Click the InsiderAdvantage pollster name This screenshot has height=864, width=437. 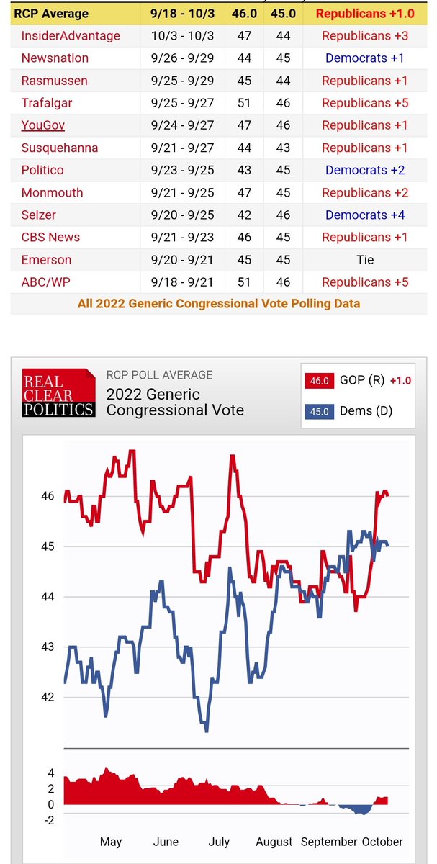coord(71,35)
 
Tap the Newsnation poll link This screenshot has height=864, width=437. coord(55,58)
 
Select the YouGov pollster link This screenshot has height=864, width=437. coord(43,125)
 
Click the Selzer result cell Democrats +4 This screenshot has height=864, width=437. coord(365,215)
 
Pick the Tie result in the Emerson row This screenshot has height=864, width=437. coord(365,259)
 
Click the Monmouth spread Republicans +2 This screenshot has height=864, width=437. coord(365,192)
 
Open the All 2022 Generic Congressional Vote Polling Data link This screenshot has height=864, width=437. coord(219,303)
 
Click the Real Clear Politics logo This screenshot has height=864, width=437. coord(59,392)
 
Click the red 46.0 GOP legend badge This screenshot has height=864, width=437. coord(317,380)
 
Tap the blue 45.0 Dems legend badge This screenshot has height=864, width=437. coord(317,411)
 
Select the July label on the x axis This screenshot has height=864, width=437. coord(219,842)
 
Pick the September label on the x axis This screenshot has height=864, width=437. coord(329,842)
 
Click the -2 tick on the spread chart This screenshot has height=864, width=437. coord(50,820)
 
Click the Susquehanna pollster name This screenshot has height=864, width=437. coord(60,148)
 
